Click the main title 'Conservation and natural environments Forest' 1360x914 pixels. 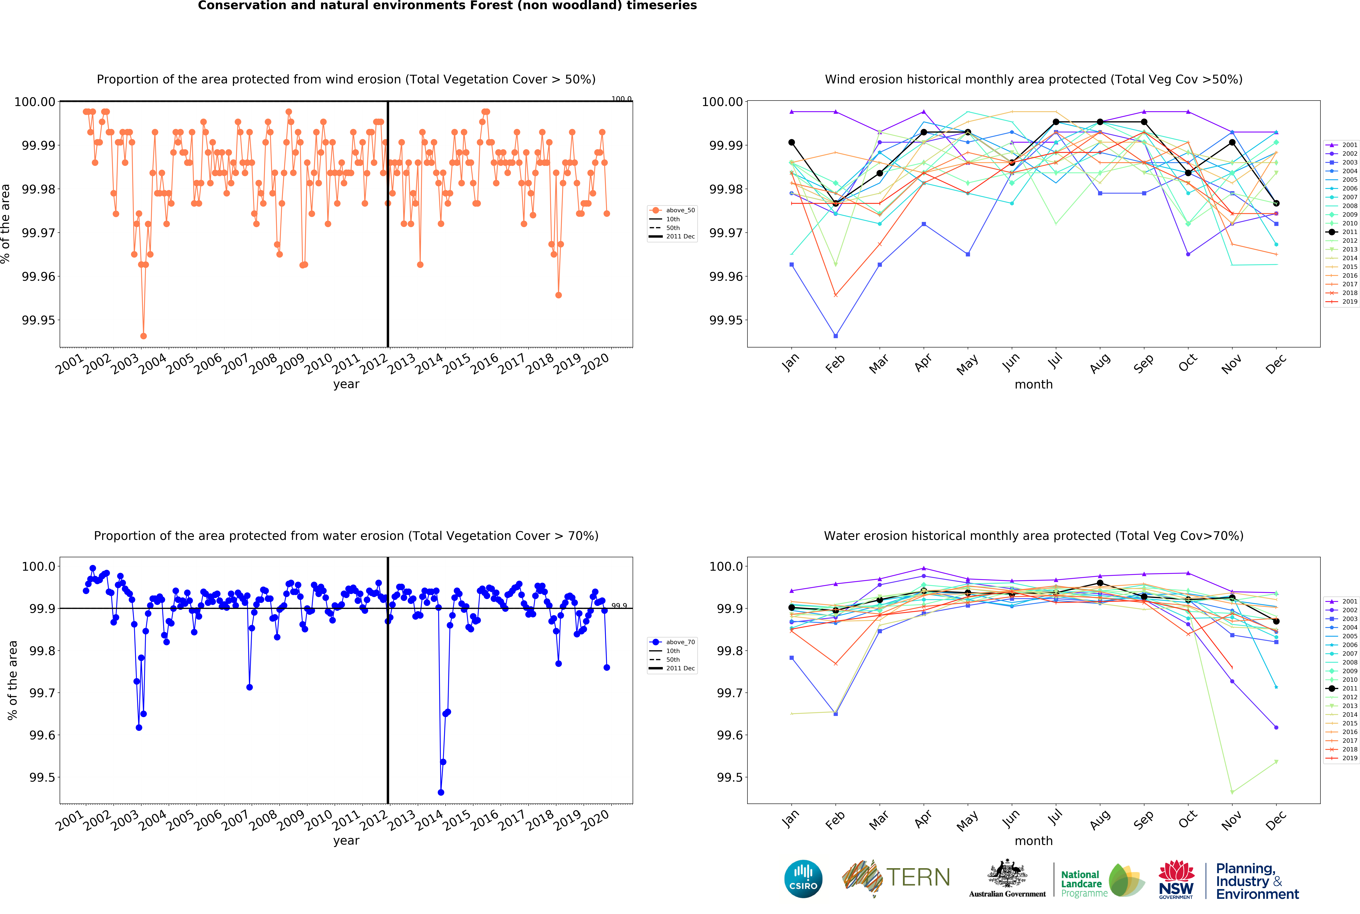[x=447, y=6]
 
